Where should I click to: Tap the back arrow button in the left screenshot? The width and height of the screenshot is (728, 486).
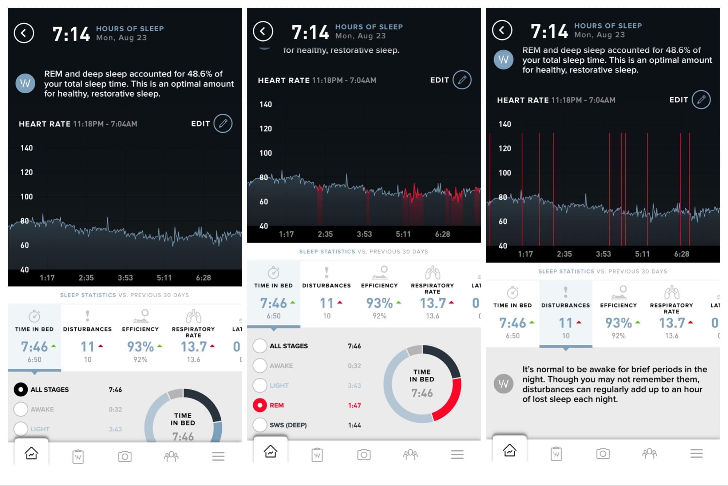(24, 33)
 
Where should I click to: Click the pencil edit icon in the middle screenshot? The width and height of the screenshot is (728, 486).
(462, 80)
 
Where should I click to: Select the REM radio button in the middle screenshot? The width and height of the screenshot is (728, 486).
(260, 405)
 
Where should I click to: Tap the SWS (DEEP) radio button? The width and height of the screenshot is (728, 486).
(260, 425)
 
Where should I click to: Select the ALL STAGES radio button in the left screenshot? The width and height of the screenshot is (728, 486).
(21, 389)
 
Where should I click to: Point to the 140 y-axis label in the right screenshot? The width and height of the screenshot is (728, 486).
(505, 124)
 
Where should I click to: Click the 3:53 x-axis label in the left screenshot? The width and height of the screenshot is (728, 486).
(125, 278)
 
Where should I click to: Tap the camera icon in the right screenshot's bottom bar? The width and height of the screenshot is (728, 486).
(603, 454)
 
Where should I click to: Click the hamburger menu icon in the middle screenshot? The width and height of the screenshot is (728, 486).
(457, 454)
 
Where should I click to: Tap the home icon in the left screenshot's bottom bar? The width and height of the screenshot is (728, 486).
(31, 454)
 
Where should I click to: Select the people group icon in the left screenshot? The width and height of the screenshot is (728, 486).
(171, 456)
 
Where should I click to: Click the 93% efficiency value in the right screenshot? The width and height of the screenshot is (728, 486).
(618, 323)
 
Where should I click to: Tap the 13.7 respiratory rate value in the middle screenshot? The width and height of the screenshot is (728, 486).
(433, 303)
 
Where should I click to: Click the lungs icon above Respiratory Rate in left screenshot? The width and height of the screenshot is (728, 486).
(193, 316)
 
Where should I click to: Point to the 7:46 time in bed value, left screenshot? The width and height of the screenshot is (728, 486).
(34, 346)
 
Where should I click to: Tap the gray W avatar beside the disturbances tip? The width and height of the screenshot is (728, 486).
(503, 384)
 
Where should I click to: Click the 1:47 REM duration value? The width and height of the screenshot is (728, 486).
(354, 405)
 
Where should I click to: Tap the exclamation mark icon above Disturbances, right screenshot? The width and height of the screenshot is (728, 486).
(565, 292)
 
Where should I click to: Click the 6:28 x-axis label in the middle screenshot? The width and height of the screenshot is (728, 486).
(442, 234)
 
